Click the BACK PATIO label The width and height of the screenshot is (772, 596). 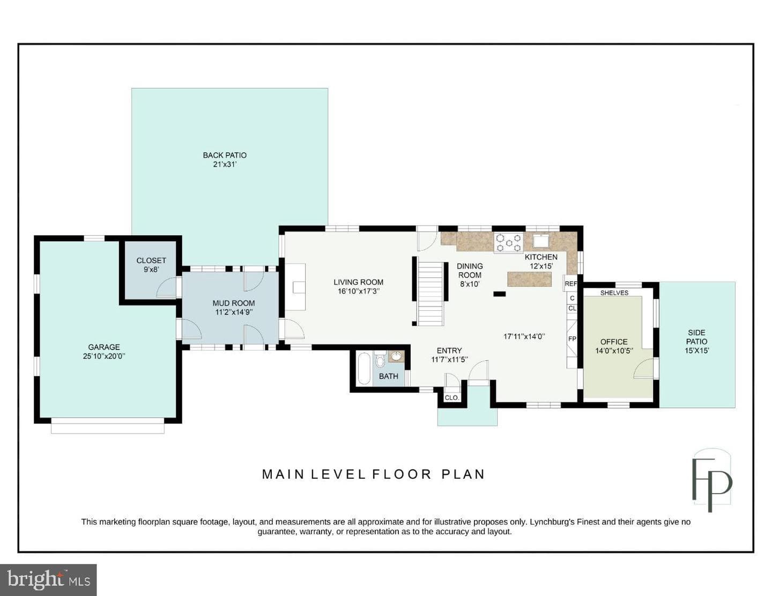click(225, 155)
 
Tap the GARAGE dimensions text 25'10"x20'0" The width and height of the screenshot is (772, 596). click(104, 356)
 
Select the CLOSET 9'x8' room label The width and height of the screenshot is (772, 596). click(151, 265)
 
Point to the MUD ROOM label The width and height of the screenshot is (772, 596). click(233, 303)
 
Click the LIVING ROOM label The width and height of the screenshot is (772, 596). click(358, 282)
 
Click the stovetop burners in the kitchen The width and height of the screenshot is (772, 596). click(509, 242)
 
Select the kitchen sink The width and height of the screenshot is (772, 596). click(541, 241)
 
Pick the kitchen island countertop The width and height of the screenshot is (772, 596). click(529, 279)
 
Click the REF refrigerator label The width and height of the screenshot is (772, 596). click(570, 284)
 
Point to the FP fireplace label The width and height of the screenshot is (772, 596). click(572, 339)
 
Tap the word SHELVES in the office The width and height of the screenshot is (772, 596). click(614, 293)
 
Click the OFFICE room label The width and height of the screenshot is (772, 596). click(614, 342)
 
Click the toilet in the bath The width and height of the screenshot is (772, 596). click(380, 360)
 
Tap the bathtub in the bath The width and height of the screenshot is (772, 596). click(364, 368)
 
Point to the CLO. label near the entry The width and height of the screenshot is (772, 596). click(451, 398)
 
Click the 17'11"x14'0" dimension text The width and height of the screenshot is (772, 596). click(524, 337)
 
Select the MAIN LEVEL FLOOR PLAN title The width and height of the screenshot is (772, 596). click(373, 474)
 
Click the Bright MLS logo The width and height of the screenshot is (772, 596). click(48, 580)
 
